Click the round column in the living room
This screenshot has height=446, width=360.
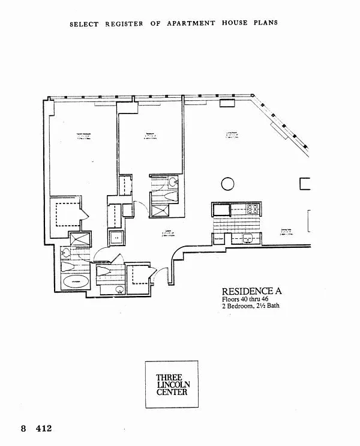pyautogui.click(x=227, y=184)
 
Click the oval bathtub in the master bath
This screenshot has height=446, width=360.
pyautogui.click(x=76, y=280)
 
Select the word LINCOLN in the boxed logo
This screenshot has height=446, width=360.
pyautogui.click(x=172, y=384)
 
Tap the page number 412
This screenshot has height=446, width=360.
pyautogui.click(x=44, y=429)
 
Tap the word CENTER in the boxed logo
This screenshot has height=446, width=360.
pyautogui.click(x=172, y=392)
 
